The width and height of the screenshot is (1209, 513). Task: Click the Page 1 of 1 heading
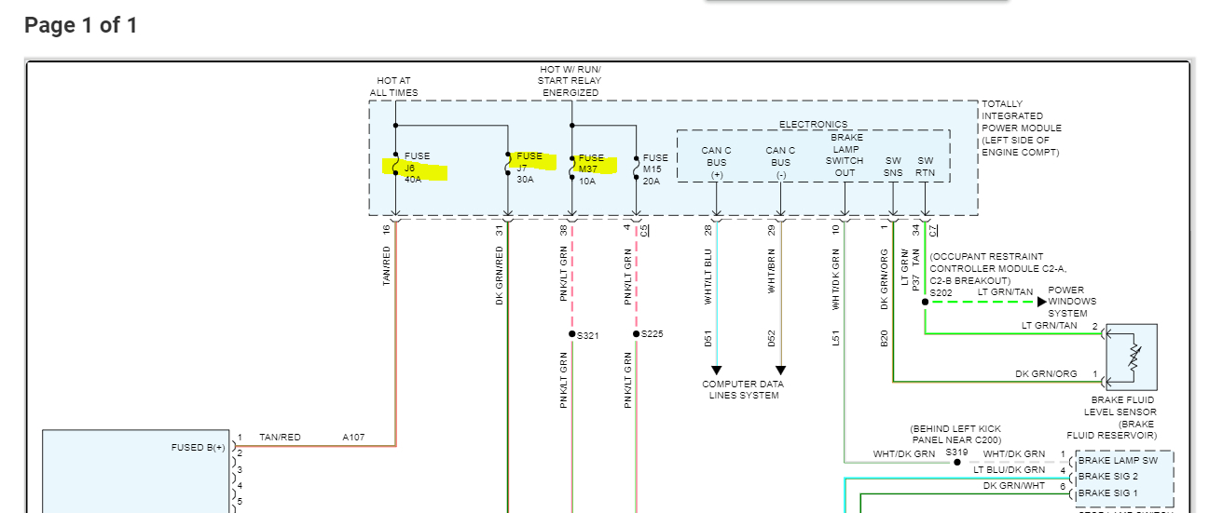pyautogui.click(x=81, y=25)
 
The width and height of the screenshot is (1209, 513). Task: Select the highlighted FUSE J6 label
pyautogui.click(x=414, y=168)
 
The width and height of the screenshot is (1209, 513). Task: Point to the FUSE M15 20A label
pyautogui.click(x=654, y=169)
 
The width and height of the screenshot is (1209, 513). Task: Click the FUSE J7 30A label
pyautogui.click(x=529, y=168)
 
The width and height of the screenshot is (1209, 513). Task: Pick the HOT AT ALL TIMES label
pyautogui.click(x=393, y=87)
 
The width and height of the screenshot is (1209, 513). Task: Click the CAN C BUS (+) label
pyautogui.click(x=716, y=162)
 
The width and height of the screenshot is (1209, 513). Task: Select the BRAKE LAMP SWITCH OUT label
pyautogui.click(x=845, y=155)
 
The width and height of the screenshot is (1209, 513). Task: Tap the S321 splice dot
pyautogui.click(x=572, y=334)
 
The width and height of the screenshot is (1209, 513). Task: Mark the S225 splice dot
pyautogui.click(x=637, y=334)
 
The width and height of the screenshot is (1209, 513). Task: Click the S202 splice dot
pyautogui.click(x=925, y=302)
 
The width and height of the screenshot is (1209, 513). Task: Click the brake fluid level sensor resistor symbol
pyautogui.click(x=1133, y=357)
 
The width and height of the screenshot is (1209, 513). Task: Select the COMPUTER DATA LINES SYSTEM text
pyautogui.click(x=743, y=389)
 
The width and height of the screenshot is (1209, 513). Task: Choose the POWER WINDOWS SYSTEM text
pyautogui.click(x=1072, y=302)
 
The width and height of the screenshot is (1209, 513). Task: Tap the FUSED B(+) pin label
pyautogui.click(x=198, y=448)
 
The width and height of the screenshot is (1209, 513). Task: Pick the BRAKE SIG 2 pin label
pyautogui.click(x=1108, y=477)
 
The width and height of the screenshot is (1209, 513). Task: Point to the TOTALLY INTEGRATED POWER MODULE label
pyautogui.click(x=1021, y=128)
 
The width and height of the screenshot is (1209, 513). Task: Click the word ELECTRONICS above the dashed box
pyautogui.click(x=813, y=125)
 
